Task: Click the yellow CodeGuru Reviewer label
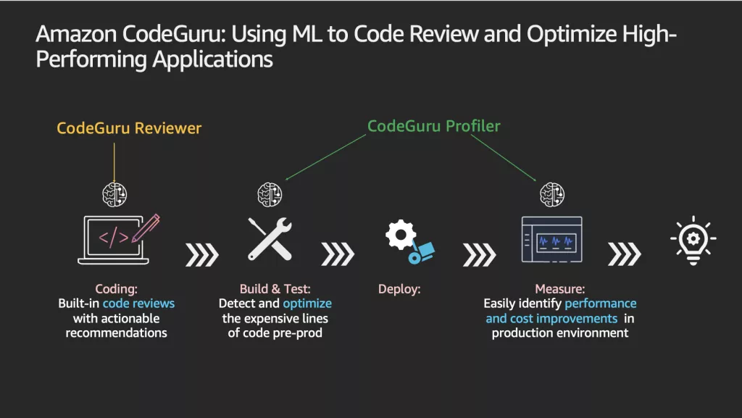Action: point(129,128)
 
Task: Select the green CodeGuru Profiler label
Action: point(434,126)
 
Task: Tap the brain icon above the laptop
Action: point(114,193)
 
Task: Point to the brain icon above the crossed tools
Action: point(270,195)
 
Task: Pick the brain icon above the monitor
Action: point(552,194)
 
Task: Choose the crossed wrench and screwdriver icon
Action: point(270,238)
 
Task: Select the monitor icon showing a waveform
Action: point(551,239)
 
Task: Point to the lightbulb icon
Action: point(693,239)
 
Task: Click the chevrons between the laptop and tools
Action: point(201,254)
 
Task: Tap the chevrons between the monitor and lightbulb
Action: point(625,254)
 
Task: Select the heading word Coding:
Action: point(116,289)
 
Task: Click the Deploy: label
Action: point(399,289)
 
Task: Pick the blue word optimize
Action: point(307,304)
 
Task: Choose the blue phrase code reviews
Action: point(138,304)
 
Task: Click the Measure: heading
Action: point(560,289)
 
